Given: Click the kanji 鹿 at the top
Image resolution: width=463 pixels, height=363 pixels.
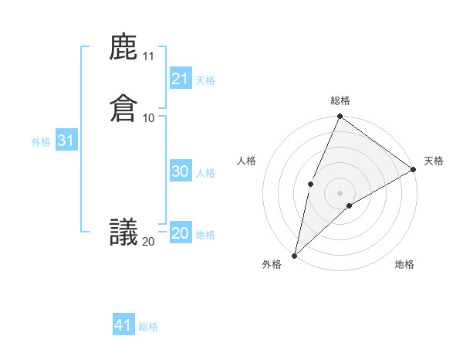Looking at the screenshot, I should (123, 48).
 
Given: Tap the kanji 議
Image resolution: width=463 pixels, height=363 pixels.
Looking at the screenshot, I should (123, 232).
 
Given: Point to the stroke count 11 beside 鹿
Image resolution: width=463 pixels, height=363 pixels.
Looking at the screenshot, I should (148, 56).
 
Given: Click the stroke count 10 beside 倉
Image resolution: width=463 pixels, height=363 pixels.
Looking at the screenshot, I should (148, 117).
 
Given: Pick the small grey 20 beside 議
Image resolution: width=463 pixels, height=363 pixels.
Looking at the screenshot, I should (148, 242).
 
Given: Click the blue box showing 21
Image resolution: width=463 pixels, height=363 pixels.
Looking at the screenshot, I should (181, 79).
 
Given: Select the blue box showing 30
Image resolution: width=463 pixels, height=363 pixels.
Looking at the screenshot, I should (181, 171).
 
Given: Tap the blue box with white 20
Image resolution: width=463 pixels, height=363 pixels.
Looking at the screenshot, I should (181, 233).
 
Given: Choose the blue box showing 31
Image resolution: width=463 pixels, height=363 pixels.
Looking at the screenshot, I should (66, 141).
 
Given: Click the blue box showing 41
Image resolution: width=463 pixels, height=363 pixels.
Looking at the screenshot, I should (123, 325).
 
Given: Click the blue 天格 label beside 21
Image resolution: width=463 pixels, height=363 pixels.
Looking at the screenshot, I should (205, 80).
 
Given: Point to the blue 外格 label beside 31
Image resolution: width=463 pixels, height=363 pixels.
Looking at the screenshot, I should (41, 142).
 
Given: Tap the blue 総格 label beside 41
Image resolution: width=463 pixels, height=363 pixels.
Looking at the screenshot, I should (148, 327).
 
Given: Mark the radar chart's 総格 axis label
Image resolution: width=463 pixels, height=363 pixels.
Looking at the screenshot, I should (340, 100).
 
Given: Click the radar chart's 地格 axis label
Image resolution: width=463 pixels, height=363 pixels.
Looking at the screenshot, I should (404, 265).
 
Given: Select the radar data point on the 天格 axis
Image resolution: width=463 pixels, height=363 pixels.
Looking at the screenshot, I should (414, 169).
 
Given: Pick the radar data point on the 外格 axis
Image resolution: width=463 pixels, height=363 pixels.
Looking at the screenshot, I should (294, 256).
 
